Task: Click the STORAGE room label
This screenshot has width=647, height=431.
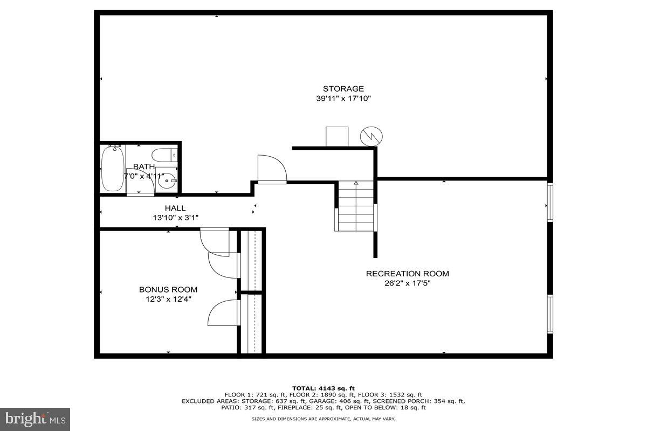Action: (343, 89)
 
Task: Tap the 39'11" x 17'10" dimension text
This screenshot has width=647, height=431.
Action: (343, 99)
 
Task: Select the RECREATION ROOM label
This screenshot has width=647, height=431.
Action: (407, 274)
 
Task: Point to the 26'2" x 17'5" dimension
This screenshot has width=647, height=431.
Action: (407, 283)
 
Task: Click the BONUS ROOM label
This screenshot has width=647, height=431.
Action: (168, 289)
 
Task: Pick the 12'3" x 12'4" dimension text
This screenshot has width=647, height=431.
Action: (168, 299)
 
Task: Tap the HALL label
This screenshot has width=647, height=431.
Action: (175, 208)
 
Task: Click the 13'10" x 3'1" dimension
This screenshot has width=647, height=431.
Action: (175, 218)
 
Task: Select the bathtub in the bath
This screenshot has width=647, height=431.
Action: (112, 168)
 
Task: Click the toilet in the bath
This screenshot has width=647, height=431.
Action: (163, 155)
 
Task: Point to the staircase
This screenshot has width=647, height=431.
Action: (356, 207)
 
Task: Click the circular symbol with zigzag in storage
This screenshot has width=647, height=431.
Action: (370, 136)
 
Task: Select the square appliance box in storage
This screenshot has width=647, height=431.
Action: (337, 136)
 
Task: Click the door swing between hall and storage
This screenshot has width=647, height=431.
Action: (271, 169)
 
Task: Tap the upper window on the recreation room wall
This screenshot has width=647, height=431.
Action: (549, 202)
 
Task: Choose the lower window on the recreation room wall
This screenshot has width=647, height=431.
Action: (549, 314)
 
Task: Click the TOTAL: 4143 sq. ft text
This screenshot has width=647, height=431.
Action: (323, 388)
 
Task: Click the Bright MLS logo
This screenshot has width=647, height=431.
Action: (35, 419)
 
